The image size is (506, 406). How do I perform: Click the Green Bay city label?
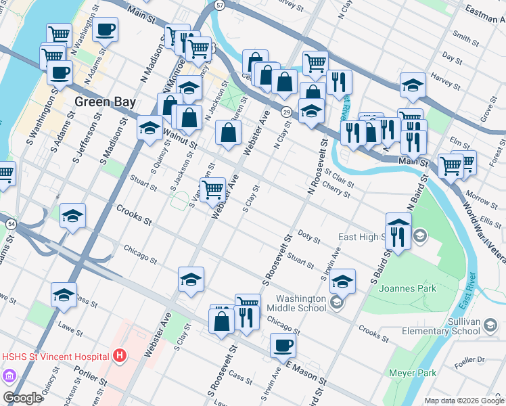pos(105,102)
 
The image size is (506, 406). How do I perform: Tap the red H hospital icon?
pos(120,355)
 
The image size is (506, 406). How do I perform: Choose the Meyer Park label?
pos(413,373)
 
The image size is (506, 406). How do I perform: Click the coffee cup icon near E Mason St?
pos(282,346)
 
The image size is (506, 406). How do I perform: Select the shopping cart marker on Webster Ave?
pos(213,189)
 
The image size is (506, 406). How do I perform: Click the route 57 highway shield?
pos(220,5)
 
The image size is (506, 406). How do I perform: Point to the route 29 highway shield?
pos(287,111)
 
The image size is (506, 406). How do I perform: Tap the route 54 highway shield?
pos(11,223)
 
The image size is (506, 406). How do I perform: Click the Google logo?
pos(22,398)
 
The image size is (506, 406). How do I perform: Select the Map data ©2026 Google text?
pos(464,400)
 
